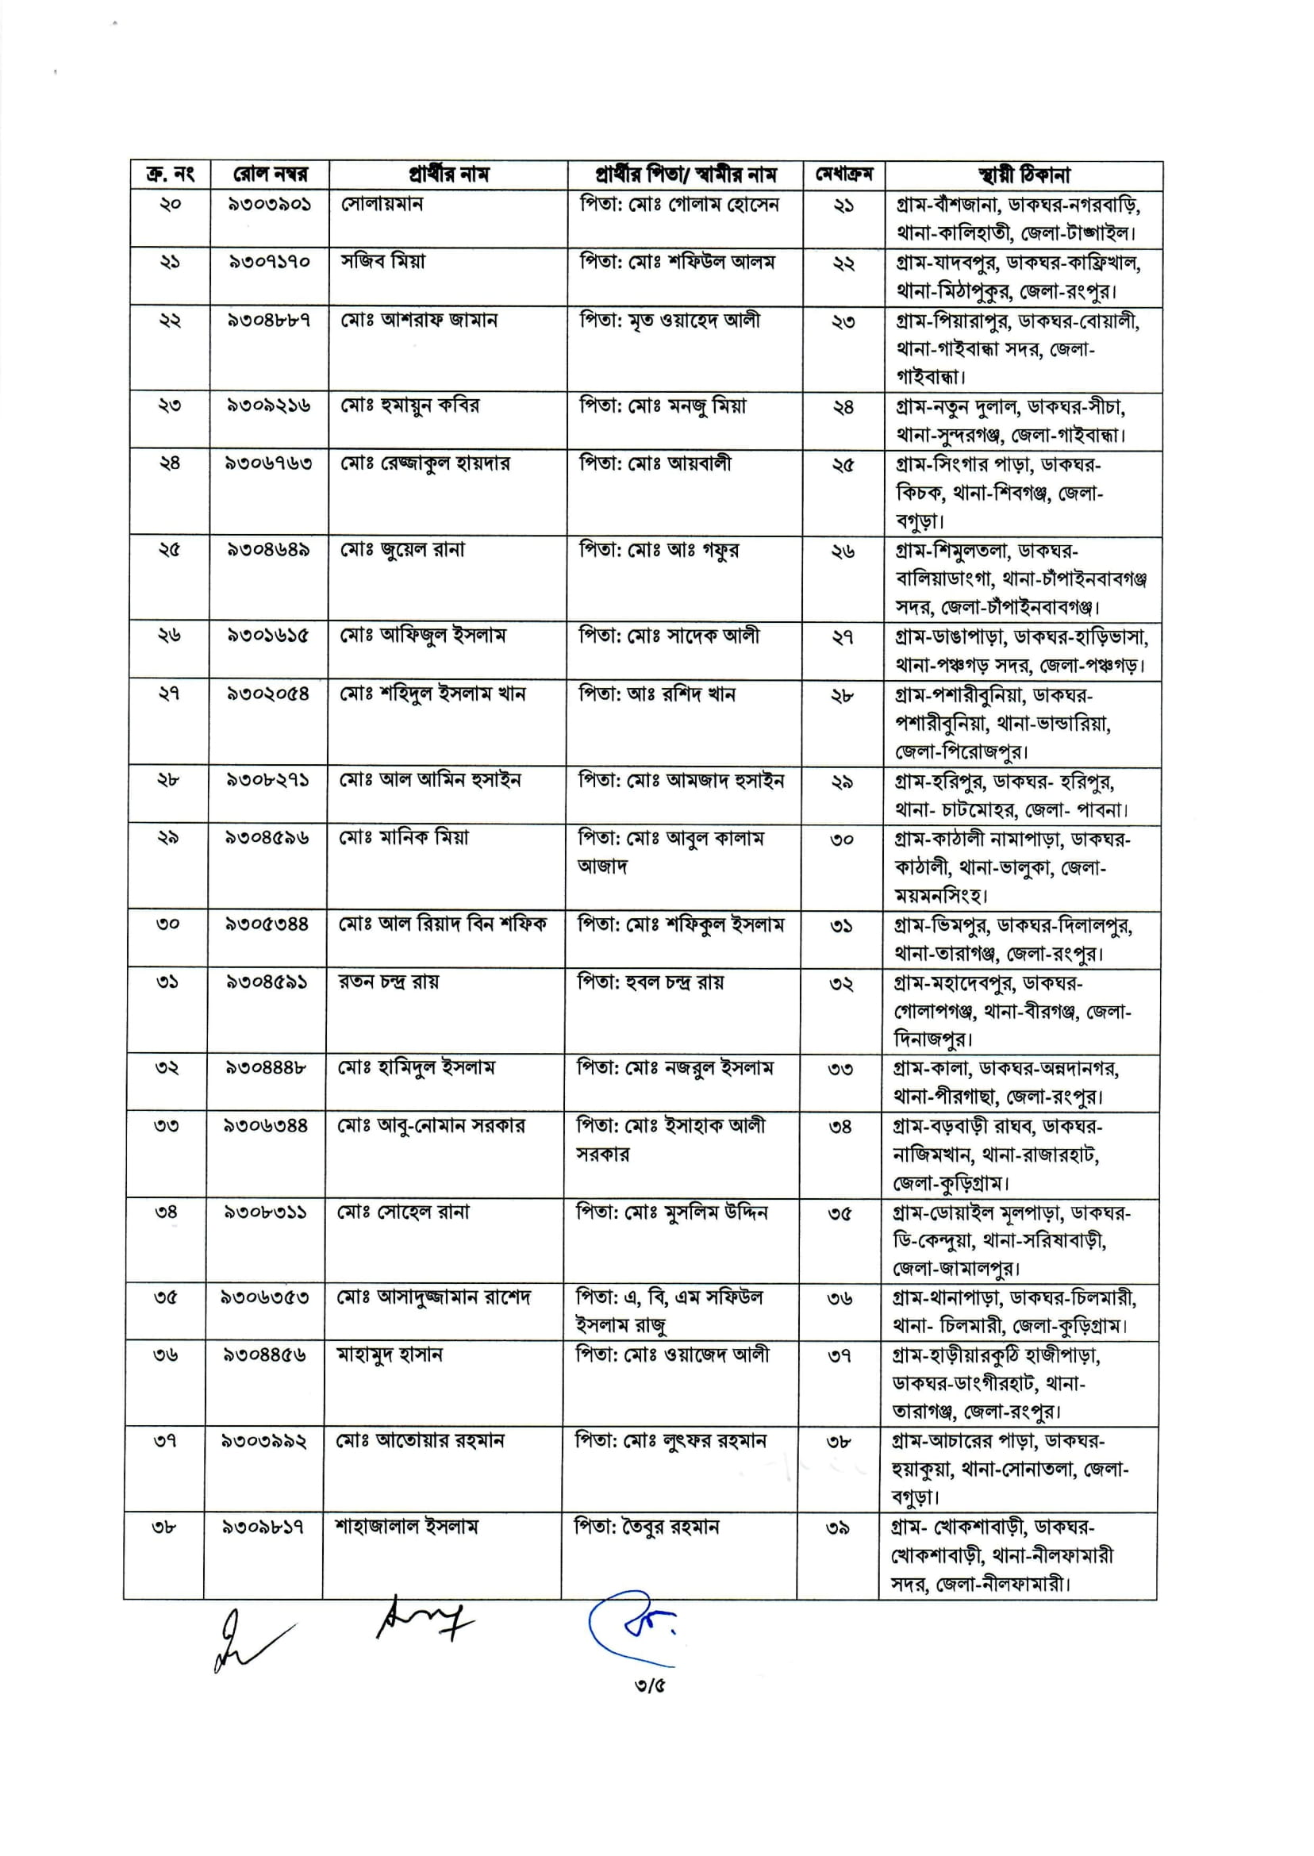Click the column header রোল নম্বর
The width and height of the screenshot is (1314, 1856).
coord(270,175)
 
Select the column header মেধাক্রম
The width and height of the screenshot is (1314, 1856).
coord(844,175)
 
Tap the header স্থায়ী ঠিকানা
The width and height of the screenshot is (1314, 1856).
coord(1024,175)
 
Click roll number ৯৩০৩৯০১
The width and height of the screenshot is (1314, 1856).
coord(270,204)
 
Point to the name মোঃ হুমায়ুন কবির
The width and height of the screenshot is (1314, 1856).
coord(409,405)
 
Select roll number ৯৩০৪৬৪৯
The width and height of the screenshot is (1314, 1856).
coord(269,550)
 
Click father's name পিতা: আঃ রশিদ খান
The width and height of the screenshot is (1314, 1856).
coord(656,694)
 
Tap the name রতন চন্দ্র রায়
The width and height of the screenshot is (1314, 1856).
coord(388,982)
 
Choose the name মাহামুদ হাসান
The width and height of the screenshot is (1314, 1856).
coord(389,1355)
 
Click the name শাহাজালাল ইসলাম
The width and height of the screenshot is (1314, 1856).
coord(407,1527)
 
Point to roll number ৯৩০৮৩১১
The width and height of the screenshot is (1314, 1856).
coord(265,1212)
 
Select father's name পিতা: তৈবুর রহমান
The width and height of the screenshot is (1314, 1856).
coord(647,1527)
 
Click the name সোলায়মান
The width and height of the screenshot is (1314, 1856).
coord(382,204)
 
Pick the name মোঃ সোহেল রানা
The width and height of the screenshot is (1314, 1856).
coord(403,1212)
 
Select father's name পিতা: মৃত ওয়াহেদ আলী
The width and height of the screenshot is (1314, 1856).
coord(670,321)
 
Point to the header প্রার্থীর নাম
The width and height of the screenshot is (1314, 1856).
coord(448,175)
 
